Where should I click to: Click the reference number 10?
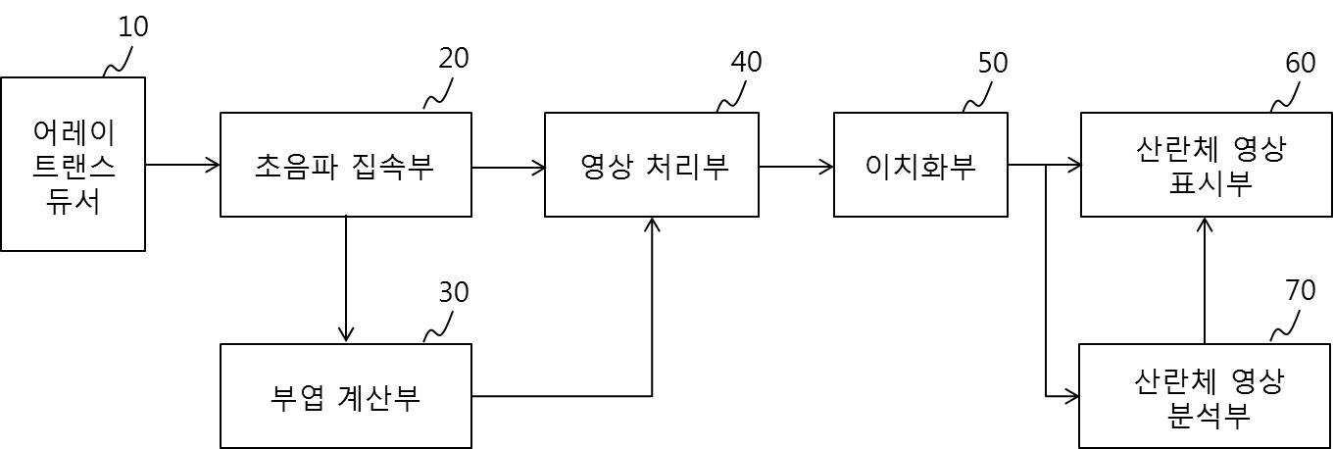[133, 27]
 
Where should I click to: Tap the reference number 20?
[454, 59]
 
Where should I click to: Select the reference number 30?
[454, 292]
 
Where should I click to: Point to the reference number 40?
[746, 61]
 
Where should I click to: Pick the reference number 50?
[993, 63]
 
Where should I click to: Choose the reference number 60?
[1301, 63]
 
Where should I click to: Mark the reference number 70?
[1300, 292]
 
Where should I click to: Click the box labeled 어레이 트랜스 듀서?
[73, 165]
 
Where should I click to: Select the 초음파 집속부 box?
[346, 165]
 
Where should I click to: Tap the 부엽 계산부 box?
[346, 396]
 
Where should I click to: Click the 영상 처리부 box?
[652, 165]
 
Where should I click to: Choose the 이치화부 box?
[920, 165]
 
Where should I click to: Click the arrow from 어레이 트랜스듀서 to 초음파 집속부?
[182, 165]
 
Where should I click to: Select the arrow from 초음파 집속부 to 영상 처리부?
[509, 167]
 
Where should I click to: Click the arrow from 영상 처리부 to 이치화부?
[796, 166]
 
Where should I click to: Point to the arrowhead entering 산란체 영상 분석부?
[1072, 396]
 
